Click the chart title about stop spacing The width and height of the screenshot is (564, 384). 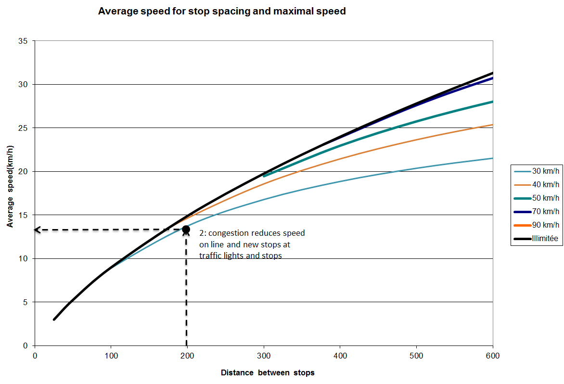click(222, 11)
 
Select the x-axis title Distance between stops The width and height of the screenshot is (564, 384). click(268, 373)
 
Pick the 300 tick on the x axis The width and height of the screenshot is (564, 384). click(264, 356)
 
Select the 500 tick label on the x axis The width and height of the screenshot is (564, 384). click(416, 356)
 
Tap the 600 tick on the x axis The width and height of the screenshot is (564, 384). click(493, 356)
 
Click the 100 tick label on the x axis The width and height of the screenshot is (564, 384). click(111, 356)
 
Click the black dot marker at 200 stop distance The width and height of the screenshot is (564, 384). click(186, 229)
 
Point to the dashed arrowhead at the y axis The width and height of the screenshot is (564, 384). click(37, 230)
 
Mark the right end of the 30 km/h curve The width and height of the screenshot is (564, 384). click(492, 158)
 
